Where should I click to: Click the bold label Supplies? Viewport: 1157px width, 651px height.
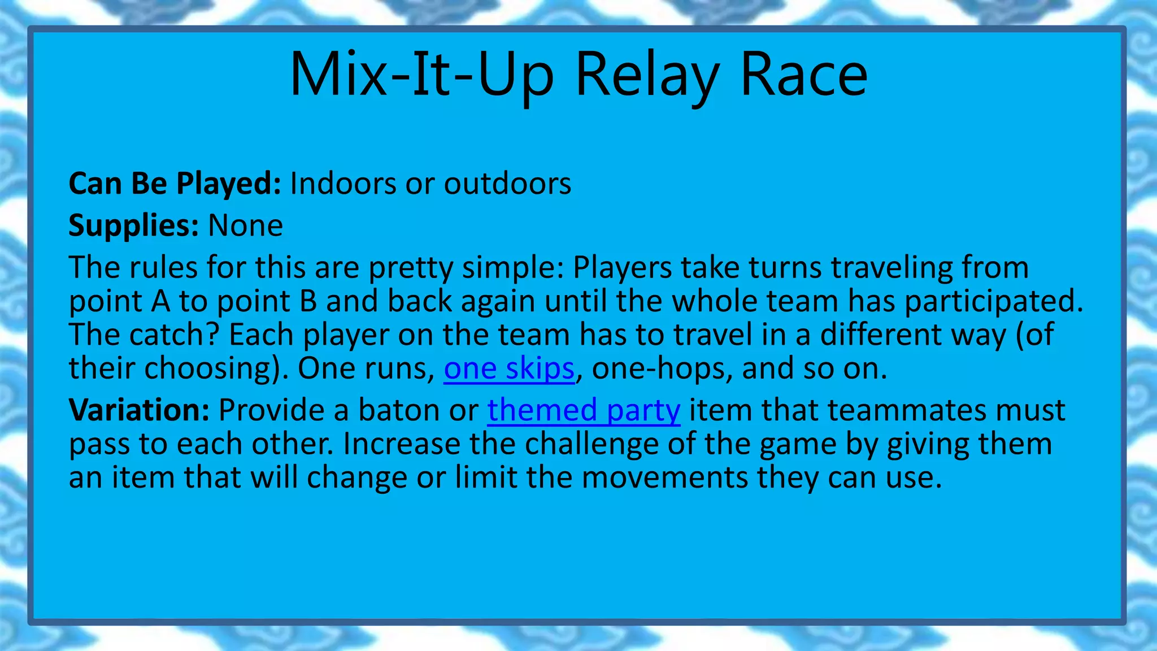coord(133,225)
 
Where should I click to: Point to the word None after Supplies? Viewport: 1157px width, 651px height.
coord(245,225)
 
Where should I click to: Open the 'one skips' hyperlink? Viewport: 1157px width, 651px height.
coord(508,368)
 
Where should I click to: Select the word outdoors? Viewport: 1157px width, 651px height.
coord(507,184)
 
